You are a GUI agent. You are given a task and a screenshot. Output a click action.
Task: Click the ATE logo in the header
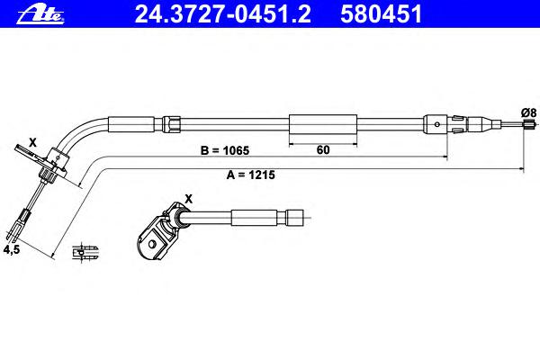[x=40, y=14]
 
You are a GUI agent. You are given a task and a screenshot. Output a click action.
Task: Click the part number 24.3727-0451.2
[x=222, y=14]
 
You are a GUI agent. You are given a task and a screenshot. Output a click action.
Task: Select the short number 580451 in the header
[x=381, y=14]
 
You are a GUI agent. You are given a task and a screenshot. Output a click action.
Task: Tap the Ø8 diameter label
[x=528, y=112]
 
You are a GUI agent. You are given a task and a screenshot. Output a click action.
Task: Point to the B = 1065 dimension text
[x=224, y=150]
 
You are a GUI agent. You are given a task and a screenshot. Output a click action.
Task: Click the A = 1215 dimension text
[x=251, y=175]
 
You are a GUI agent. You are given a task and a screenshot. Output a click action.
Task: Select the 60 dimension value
[x=323, y=150]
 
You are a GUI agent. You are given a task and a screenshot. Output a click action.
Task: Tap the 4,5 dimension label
[x=12, y=249]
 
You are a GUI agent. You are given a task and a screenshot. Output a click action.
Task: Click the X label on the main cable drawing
[x=32, y=142]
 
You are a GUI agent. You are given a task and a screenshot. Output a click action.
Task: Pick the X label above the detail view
[x=188, y=199]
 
